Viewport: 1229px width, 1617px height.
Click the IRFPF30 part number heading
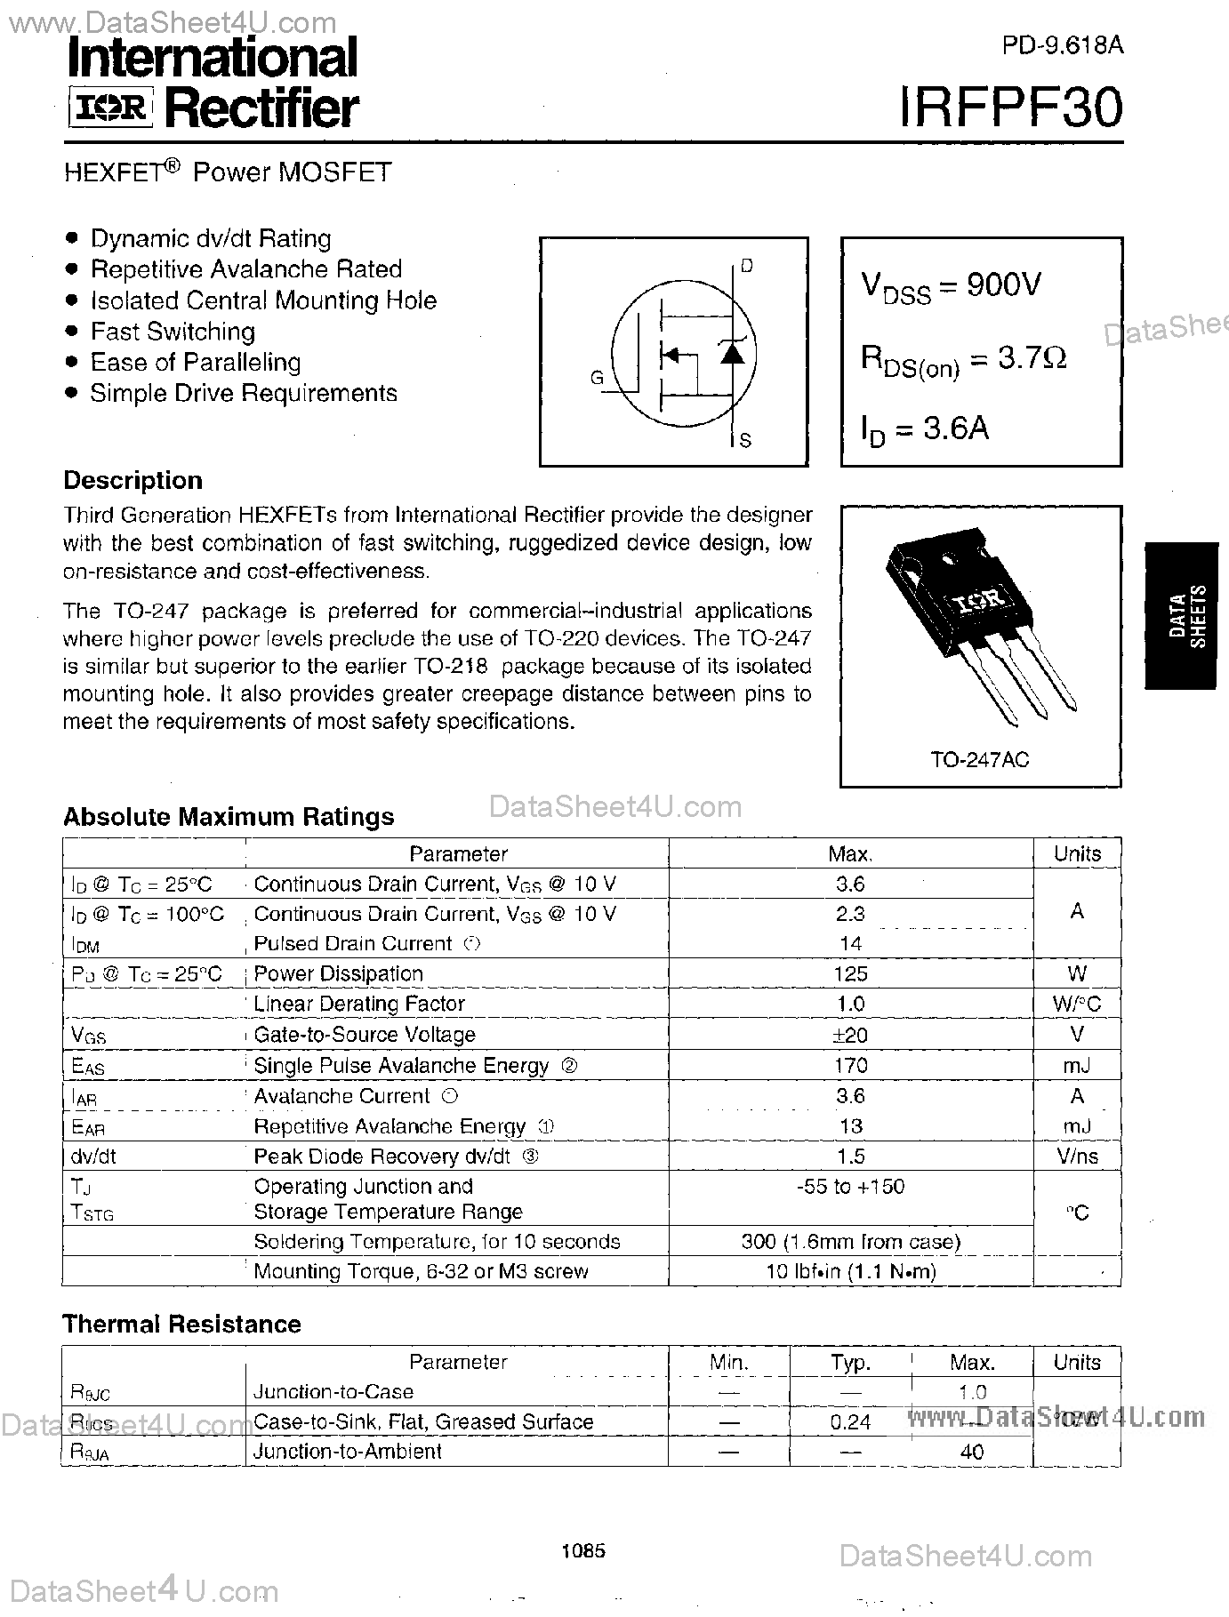[x=1011, y=108]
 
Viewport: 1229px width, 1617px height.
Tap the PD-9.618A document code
[x=1062, y=45]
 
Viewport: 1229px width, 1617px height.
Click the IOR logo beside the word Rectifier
[x=111, y=108]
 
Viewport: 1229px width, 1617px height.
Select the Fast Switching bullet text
[x=173, y=332]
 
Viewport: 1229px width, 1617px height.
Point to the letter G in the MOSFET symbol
[x=597, y=378]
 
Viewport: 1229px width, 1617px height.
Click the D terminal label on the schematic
[x=746, y=266]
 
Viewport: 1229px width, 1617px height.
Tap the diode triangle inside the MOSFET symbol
[x=731, y=353]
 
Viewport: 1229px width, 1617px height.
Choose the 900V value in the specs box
[x=1003, y=284]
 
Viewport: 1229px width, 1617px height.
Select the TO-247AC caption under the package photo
[x=980, y=760]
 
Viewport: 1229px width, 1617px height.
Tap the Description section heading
[x=133, y=480]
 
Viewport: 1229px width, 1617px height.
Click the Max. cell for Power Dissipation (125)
[x=850, y=973]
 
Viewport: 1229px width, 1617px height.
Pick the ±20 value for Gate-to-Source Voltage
[x=850, y=1034]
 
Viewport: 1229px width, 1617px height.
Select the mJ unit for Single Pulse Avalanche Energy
[x=1076, y=1065]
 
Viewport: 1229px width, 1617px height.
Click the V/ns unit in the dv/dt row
[x=1076, y=1157]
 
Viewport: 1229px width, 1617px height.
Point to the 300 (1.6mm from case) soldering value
[x=850, y=1242]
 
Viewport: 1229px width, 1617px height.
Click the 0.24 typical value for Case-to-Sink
[x=850, y=1421]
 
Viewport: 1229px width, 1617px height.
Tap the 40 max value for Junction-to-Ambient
[x=972, y=1452]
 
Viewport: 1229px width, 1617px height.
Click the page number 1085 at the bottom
[x=584, y=1551]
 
